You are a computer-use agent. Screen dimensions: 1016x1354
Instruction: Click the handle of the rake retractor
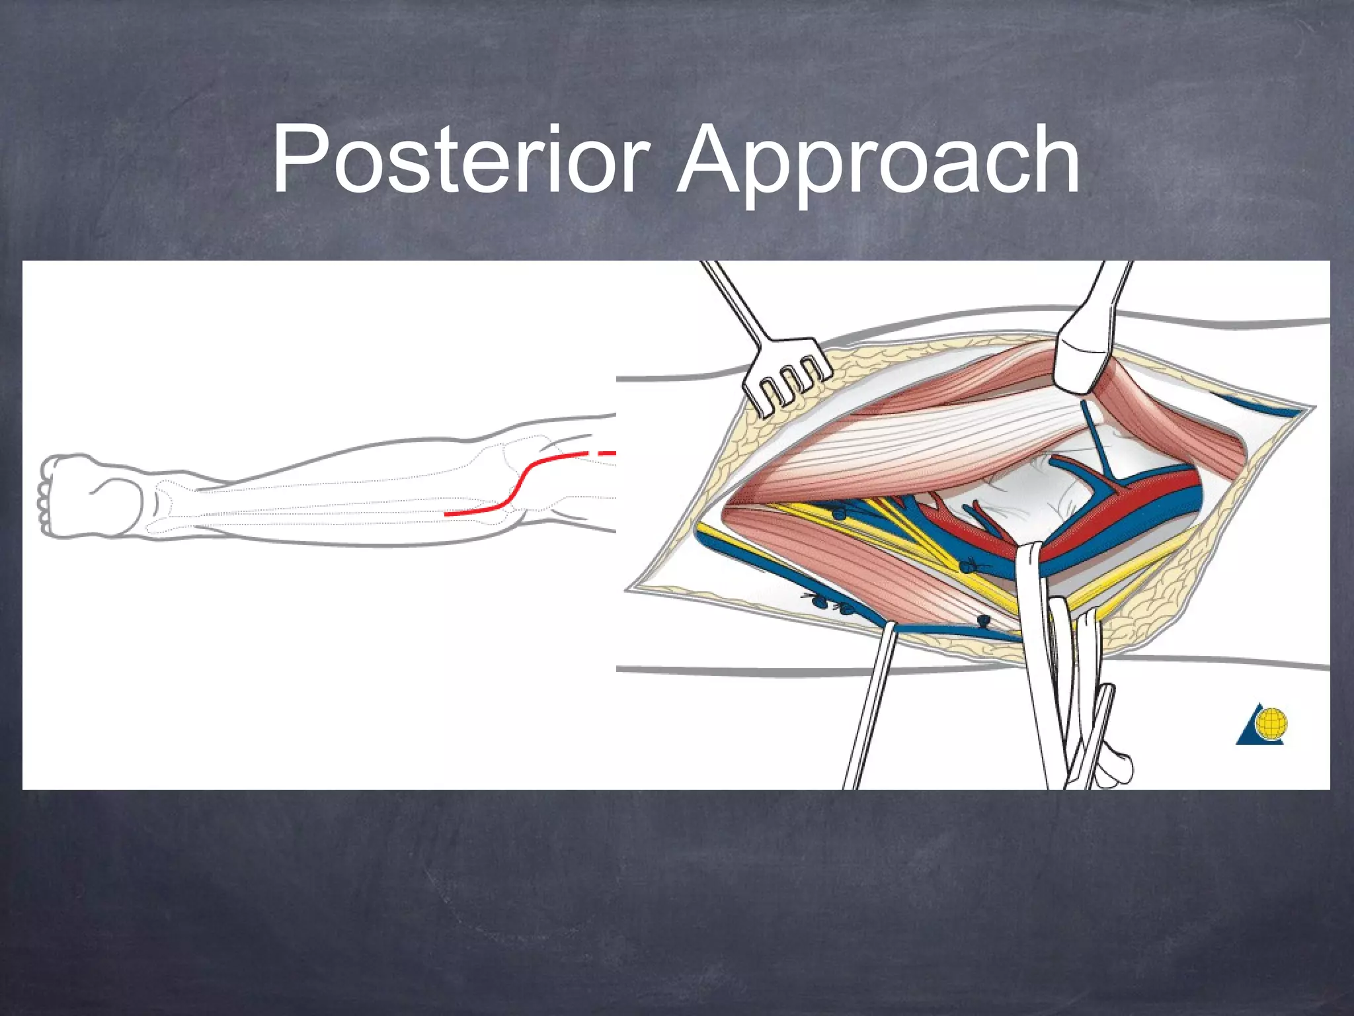coord(734,298)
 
